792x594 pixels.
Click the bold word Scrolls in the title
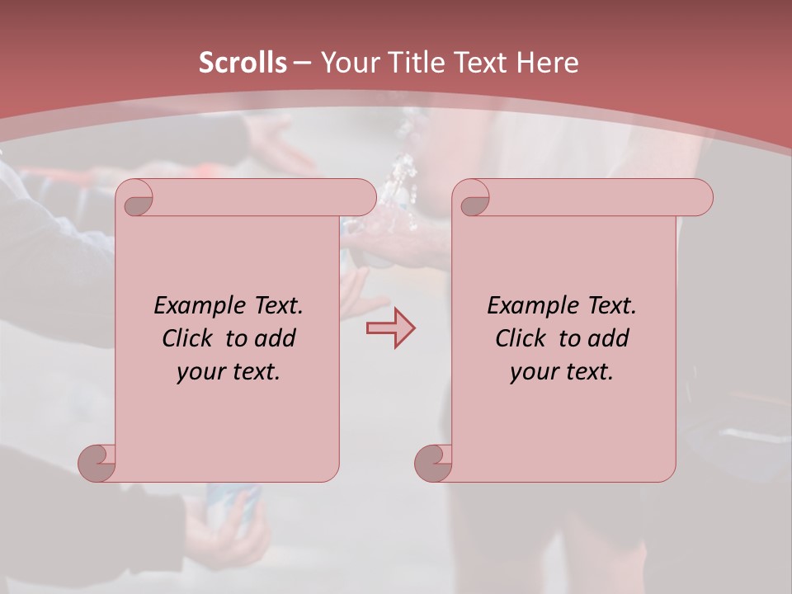(243, 63)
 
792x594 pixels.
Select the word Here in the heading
(548, 63)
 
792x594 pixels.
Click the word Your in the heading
(346, 63)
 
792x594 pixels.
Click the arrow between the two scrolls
(390, 328)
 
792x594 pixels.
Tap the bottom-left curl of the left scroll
(97, 463)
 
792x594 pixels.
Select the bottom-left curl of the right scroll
(434, 463)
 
